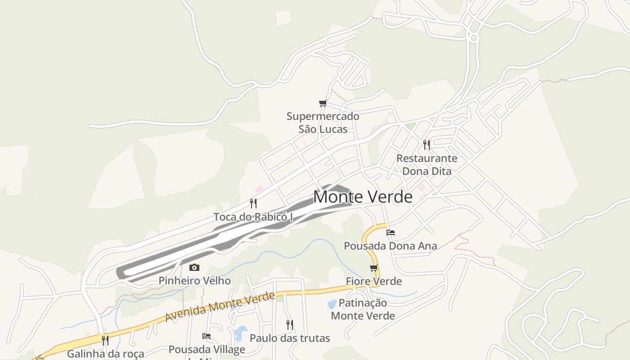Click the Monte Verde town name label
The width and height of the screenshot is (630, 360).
(x=363, y=197)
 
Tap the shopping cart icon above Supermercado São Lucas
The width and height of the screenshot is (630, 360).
(x=323, y=103)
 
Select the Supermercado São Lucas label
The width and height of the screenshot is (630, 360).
(x=323, y=122)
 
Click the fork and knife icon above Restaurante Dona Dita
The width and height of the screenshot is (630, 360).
(x=427, y=144)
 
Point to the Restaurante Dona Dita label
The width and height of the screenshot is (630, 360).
(x=427, y=165)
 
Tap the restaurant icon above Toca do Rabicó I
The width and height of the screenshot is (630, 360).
(x=253, y=203)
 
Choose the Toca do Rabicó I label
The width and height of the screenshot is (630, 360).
(x=253, y=217)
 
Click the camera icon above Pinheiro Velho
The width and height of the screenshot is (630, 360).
(x=194, y=267)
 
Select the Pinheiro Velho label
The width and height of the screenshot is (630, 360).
(x=194, y=281)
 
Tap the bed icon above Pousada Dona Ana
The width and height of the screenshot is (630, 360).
(x=391, y=233)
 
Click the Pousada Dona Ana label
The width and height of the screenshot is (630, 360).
(x=391, y=246)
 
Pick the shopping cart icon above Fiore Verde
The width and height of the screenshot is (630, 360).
(x=373, y=268)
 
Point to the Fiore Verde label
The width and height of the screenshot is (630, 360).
(x=373, y=281)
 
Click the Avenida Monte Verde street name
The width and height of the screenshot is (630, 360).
(x=220, y=307)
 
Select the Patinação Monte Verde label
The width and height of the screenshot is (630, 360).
(x=363, y=309)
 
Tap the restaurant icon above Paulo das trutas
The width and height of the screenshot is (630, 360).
(x=290, y=324)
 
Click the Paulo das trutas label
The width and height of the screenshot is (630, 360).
(x=290, y=338)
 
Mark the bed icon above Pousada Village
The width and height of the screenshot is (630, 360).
(x=207, y=336)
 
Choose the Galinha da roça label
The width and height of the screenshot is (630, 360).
(x=105, y=354)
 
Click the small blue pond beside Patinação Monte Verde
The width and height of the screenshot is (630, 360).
(x=332, y=304)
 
